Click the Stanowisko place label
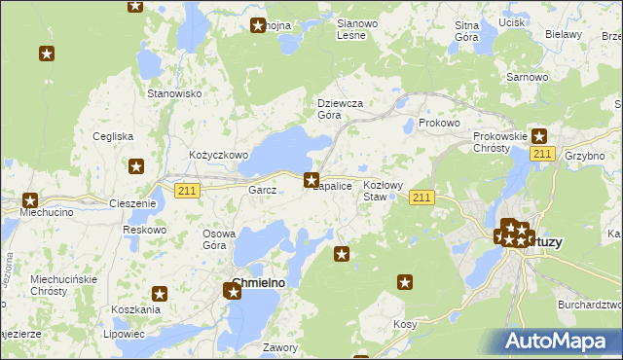point(173,93)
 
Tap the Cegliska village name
point(113,136)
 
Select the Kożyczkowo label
point(219,155)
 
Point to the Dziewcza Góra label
point(341,108)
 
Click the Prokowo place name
point(438,124)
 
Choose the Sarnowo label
point(526,76)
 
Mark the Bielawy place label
point(563,33)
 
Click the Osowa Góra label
point(219,239)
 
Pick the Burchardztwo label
point(590,305)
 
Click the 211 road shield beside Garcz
point(188,191)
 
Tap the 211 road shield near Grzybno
point(543,155)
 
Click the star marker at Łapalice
point(311,179)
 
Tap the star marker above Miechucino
point(29,199)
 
